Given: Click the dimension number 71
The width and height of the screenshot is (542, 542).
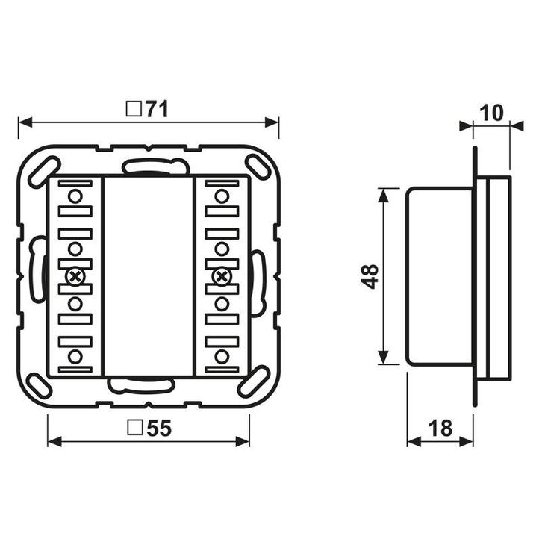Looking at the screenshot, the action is [157, 109].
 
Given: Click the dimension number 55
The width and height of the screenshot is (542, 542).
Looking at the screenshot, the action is [159, 428].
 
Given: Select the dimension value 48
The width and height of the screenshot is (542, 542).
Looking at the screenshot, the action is [370, 276].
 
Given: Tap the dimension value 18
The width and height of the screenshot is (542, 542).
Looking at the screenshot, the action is [440, 428].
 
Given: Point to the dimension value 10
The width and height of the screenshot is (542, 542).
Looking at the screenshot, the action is [491, 113].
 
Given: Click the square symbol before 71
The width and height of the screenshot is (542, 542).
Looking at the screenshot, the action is [134, 109].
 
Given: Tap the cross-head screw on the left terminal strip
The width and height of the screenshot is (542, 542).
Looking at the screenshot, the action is [75, 277].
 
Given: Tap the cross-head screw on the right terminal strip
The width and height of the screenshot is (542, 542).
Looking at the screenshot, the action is [222, 277].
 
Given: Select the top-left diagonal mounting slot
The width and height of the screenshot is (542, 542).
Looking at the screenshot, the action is [44, 172].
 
